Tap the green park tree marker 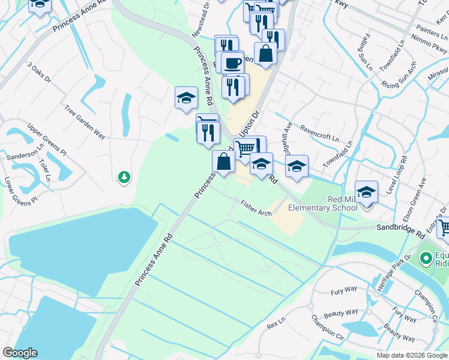pyautogui.click(x=124, y=177)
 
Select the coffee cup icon pyautogui.click(x=232, y=62)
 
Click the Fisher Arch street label pyautogui.click(x=256, y=207)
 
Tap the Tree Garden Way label pyautogui.click(x=85, y=124)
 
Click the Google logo pyautogui.click(x=20, y=353)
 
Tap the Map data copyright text pyautogui.click(x=412, y=355)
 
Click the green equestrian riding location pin pyautogui.click(x=427, y=259)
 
